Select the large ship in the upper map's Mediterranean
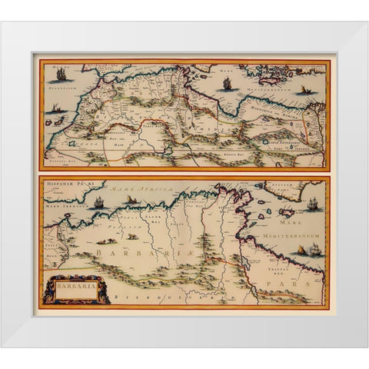click(226, 82)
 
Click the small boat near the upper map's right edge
click(307, 91)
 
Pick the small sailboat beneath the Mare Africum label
click(128, 201)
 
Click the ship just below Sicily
click(313, 204)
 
